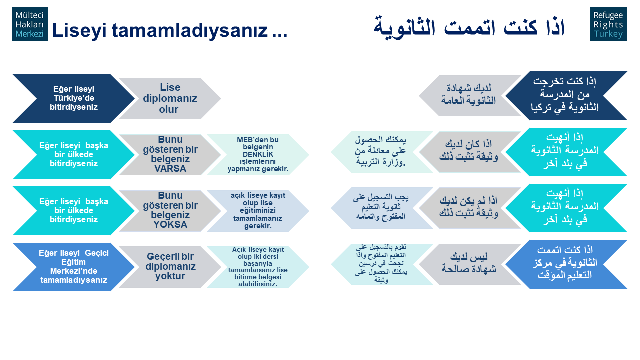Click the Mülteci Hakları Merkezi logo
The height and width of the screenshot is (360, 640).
point(30,24)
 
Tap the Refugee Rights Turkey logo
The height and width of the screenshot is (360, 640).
point(608,24)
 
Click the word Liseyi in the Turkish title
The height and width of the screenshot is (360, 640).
point(79,31)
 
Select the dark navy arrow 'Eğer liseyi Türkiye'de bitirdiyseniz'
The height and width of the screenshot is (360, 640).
point(73,98)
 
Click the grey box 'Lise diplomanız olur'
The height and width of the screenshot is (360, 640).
point(170,98)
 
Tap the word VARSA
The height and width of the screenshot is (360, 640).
point(170,169)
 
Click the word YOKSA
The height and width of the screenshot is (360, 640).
point(170,225)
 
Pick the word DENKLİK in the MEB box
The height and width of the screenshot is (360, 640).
point(258,154)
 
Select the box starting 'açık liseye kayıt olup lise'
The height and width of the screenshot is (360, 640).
point(258,211)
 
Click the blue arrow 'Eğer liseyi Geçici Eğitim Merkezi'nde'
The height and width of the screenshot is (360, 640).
point(73,267)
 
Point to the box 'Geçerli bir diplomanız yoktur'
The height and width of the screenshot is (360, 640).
point(170,267)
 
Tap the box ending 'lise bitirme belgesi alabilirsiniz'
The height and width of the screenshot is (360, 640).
point(258,267)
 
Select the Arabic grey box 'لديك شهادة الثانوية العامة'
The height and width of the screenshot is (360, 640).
point(470,96)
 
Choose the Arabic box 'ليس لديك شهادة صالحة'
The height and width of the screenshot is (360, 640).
point(470,264)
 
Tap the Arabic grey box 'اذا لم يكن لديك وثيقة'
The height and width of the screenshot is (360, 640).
point(470,208)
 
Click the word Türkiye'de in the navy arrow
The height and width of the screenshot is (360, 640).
point(74,98)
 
